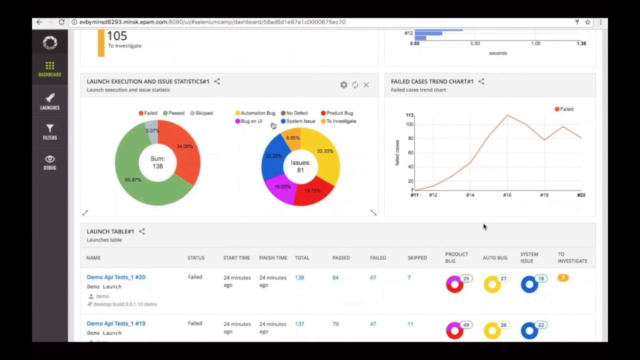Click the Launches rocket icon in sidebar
50,98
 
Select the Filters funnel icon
50,128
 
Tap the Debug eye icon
50,159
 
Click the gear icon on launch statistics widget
343,85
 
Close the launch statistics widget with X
366,85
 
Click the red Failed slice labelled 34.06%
184,150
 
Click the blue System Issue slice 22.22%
273,157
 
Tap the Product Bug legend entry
337,113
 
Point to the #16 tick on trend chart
507,195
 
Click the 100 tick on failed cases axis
409,124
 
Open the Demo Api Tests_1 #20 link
116,277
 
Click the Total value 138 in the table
299,277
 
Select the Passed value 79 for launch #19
335,324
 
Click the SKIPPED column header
417,257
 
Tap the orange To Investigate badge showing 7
563,278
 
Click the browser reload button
61,22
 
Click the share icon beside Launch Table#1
142,231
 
